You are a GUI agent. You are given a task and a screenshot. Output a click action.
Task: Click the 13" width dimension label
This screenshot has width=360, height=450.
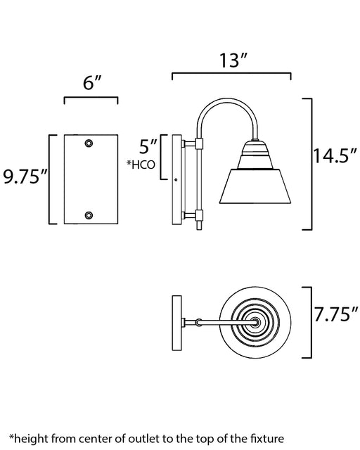[x=233, y=60]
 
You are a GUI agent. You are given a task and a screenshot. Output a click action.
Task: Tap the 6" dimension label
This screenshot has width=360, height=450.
[x=92, y=83]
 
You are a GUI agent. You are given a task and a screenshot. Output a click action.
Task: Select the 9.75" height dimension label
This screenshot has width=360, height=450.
[x=25, y=176]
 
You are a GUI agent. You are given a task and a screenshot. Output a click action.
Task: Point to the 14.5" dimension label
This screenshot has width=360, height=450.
[x=335, y=156]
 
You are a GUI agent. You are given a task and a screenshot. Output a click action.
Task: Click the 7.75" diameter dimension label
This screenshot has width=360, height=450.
[x=336, y=314]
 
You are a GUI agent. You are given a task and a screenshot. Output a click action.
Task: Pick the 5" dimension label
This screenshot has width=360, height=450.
[x=148, y=146]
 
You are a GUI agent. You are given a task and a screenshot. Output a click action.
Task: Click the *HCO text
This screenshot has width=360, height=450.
[x=141, y=165]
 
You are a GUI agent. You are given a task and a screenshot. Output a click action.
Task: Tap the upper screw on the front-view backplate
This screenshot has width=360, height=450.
[x=89, y=143]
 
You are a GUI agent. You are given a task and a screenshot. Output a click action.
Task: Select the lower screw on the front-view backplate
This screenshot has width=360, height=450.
[x=89, y=215]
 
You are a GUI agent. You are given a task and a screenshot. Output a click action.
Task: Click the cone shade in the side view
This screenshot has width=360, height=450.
[x=255, y=186]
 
